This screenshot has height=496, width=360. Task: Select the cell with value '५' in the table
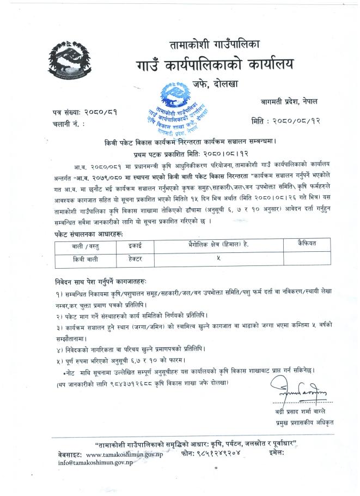tap(218, 259)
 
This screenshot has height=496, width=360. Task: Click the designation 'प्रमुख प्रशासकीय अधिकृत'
tap(303, 422)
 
